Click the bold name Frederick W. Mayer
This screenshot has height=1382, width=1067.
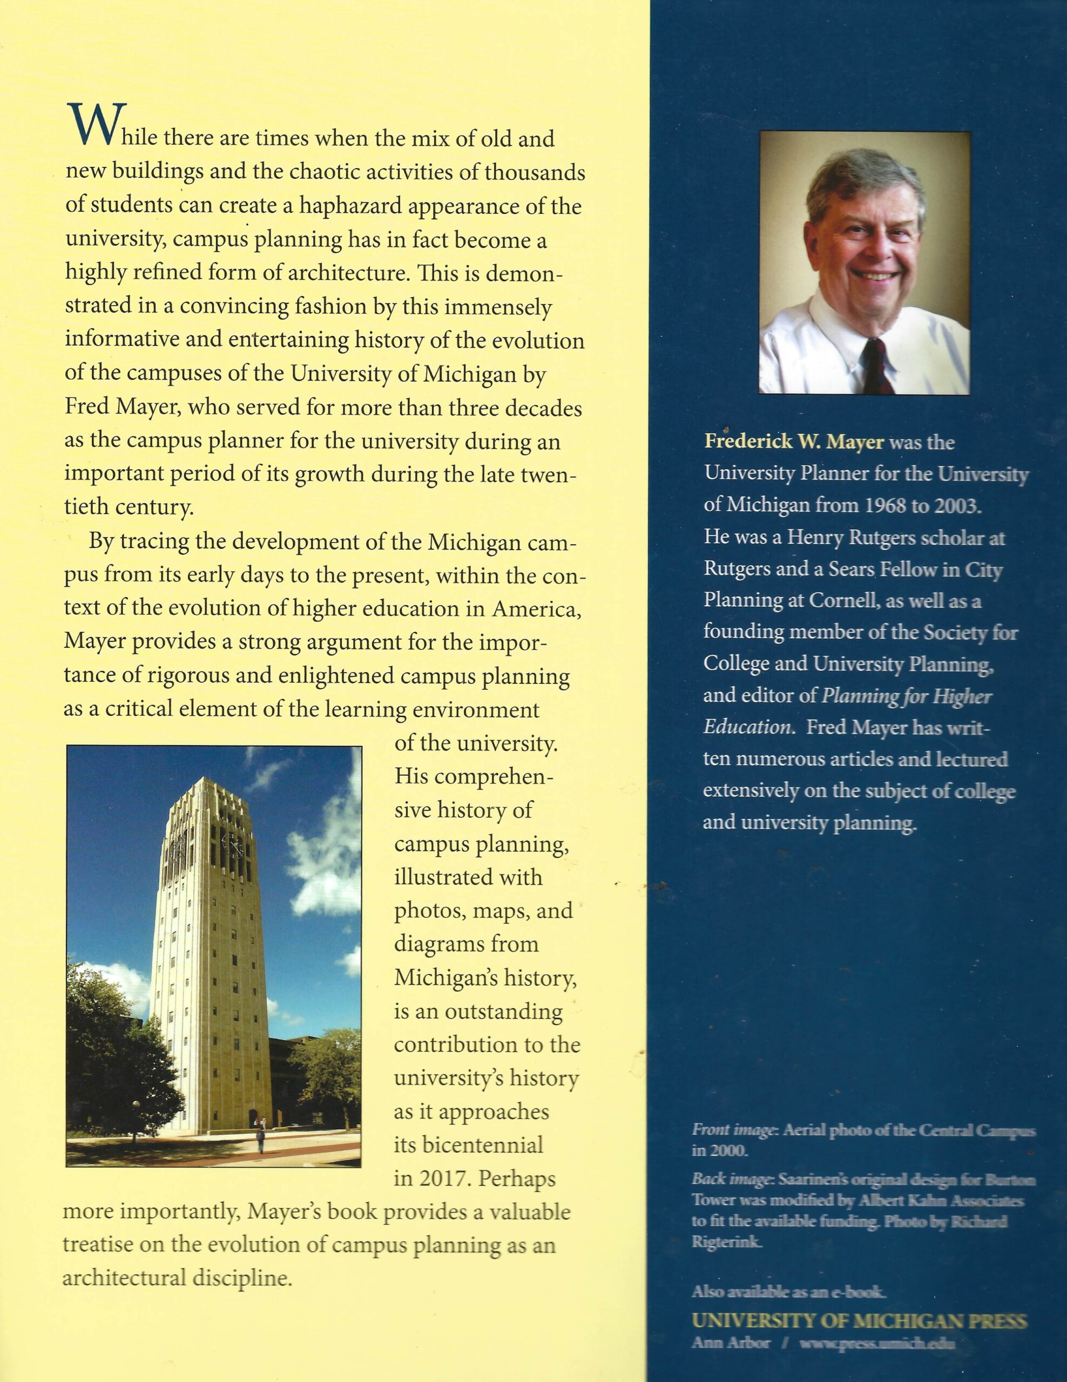(x=794, y=442)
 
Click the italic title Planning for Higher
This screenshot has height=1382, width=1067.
(x=906, y=696)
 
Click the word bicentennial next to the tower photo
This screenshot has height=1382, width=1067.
(x=468, y=1144)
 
